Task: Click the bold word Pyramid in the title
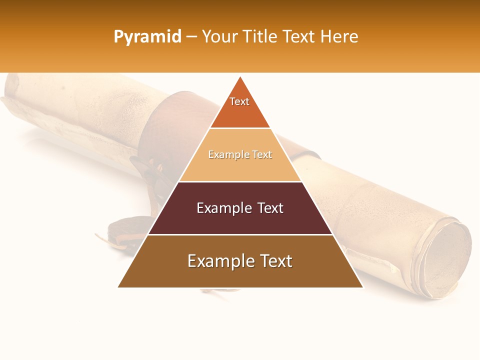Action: [147, 37]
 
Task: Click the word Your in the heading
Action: [220, 37]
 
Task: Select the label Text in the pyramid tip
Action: [239, 101]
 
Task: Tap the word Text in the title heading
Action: [299, 37]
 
